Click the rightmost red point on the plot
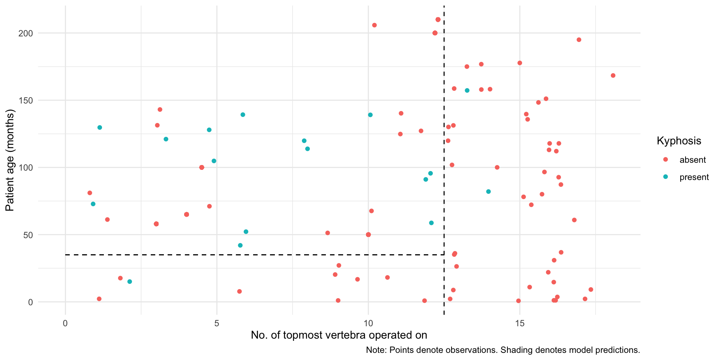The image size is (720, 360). point(613,75)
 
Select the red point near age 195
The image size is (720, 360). point(579,40)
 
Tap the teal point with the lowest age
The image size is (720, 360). point(130,282)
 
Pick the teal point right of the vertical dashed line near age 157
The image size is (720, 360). point(467,90)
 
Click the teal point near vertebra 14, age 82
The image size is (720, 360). point(488,192)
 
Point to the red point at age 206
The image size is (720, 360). point(374,25)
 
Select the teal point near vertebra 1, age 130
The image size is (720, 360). point(100,127)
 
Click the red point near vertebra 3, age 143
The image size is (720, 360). point(160,109)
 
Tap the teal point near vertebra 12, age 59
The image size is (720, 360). point(431,223)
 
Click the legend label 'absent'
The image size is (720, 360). point(693,160)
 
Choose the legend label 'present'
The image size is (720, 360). point(694,177)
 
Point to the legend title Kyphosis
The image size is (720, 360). point(679,141)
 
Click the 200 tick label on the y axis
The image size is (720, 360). point(26,33)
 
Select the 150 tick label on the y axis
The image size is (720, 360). point(26,100)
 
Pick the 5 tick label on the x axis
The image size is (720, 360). point(217,323)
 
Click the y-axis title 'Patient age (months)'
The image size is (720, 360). point(10,160)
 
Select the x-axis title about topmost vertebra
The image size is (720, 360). point(339,335)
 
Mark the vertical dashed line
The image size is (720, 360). point(444,150)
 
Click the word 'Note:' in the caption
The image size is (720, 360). point(376,350)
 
